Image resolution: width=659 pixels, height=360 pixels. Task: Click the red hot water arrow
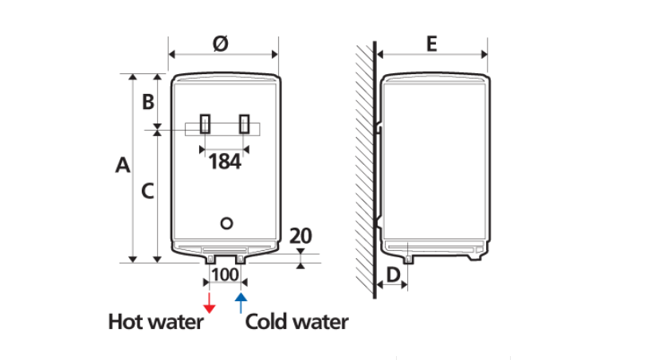[x=210, y=303]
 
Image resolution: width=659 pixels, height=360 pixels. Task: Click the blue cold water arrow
[x=241, y=303]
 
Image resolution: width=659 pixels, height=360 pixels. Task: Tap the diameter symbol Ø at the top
[x=221, y=44]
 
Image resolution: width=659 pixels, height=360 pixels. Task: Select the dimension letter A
[x=123, y=165]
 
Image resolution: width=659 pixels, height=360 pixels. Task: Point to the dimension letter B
[x=148, y=102]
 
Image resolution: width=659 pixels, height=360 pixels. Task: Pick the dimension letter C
[x=147, y=191]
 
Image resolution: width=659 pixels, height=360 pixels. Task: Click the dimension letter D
[x=393, y=275]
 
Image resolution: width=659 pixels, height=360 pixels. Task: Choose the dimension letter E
[x=432, y=44]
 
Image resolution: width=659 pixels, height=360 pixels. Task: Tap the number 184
[x=225, y=162]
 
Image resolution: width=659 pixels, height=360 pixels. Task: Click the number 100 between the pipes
[x=225, y=275]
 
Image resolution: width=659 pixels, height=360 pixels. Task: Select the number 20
[x=300, y=236]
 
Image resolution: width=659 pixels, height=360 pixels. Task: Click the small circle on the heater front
[x=226, y=224]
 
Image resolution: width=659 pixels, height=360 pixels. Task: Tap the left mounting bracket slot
[x=205, y=124]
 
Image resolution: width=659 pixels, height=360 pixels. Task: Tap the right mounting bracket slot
[x=244, y=124]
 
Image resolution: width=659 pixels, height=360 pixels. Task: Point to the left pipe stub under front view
[x=210, y=259]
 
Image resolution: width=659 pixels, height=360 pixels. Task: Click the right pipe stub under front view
[x=241, y=259]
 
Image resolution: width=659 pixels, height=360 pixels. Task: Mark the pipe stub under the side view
[x=409, y=260]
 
